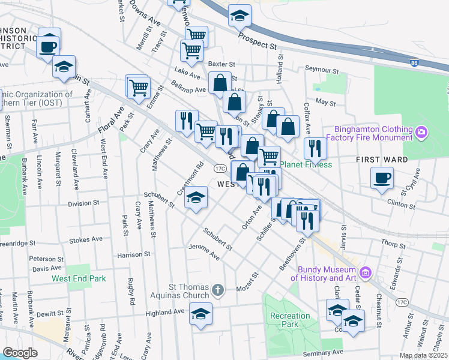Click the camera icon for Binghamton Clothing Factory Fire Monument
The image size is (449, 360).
tap(421, 131)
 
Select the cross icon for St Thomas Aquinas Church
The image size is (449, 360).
tap(217, 291)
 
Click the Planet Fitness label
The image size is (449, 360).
tap(306, 164)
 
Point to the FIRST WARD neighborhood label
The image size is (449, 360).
tap(382, 160)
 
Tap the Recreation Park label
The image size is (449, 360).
tap(290, 320)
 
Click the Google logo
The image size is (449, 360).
tap(20, 353)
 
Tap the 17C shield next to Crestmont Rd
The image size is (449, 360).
tap(220, 169)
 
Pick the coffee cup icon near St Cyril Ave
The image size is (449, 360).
tap(382, 178)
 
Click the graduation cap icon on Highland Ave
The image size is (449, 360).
tap(200, 313)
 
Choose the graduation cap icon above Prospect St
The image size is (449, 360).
tap(240, 16)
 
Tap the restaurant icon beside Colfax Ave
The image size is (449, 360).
tap(315, 148)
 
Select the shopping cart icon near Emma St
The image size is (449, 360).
tap(139, 88)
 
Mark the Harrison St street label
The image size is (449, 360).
tap(133, 254)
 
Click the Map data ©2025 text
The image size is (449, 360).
tap(423, 356)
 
